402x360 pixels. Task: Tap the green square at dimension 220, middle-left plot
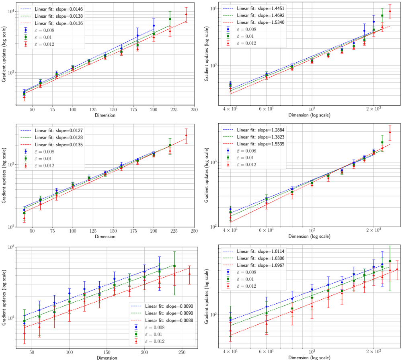170,145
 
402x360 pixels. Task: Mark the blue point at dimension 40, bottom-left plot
24,323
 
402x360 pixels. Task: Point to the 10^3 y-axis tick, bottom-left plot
10,247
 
